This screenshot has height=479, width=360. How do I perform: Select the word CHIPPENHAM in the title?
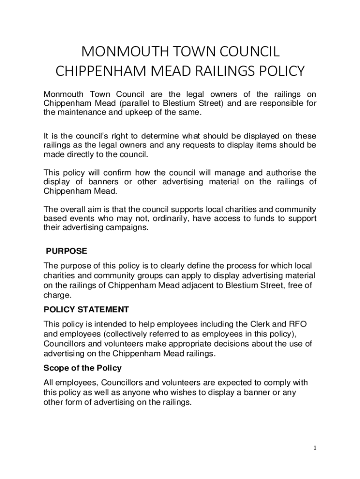click(x=99, y=72)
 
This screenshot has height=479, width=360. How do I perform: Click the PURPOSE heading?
click(x=66, y=251)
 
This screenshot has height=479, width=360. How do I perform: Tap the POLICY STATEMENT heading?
click(x=86, y=310)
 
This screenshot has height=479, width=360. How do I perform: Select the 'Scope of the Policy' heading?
click(x=82, y=368)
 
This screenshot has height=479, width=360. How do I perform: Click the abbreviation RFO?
click(x=297, y=324)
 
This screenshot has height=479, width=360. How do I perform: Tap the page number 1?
click(x=315, y=448)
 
